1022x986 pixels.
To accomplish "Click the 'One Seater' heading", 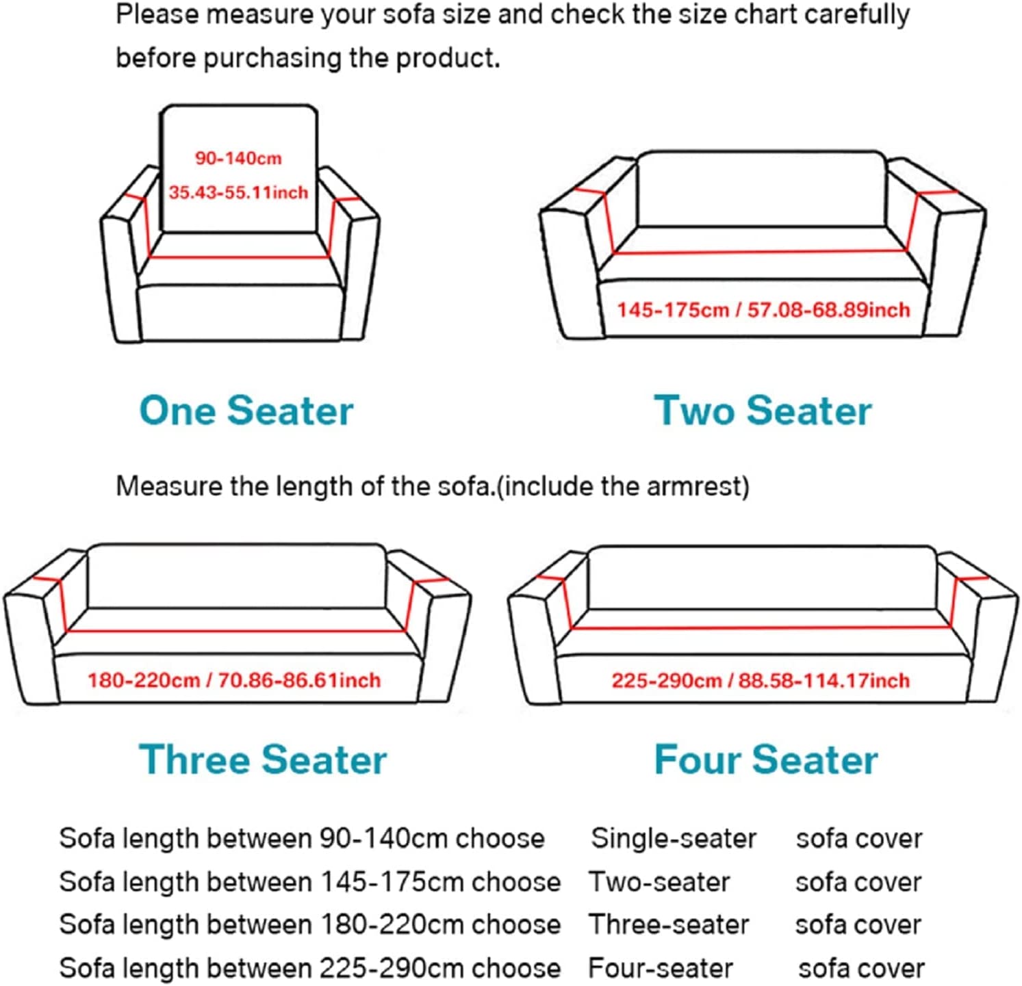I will [246, 411].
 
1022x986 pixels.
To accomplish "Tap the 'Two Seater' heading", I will [763, 411].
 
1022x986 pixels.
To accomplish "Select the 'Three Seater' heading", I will [263, 760].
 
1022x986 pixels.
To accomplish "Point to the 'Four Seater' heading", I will [765, 760].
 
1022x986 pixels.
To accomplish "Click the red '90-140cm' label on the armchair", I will [238, 158].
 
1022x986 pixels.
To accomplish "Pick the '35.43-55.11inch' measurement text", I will [238, 192].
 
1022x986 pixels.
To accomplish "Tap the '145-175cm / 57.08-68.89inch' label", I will [763, 310].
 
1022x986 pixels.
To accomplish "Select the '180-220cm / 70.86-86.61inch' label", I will [233, 680].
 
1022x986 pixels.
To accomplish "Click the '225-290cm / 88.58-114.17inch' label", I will [761, 680].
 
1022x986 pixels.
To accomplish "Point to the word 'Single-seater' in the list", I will [674, 838].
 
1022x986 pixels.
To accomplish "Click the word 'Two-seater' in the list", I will [659, 882].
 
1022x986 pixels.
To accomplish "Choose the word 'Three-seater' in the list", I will [669, 925].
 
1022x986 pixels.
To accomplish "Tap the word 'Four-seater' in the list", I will [661, 968].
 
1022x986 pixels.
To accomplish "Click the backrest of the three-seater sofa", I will [236, 575].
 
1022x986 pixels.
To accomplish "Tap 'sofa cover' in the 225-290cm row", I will [861, 968].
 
